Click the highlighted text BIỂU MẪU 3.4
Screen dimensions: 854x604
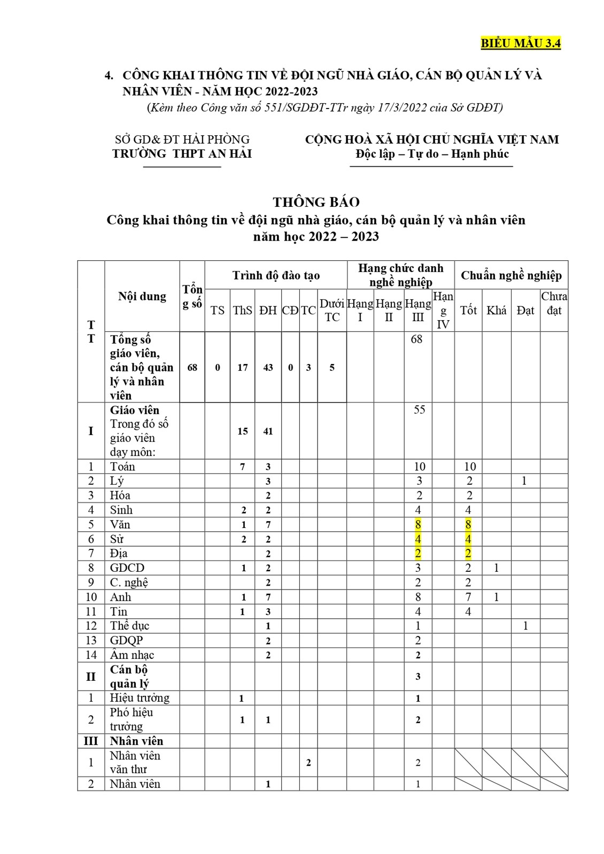coord(521,44)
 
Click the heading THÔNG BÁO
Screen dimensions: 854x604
coord(316,202)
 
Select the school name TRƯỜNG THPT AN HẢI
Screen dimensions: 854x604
coord(182,154)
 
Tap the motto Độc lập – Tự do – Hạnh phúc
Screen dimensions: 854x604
coord(432,154)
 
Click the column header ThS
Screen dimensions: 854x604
coord(242,310)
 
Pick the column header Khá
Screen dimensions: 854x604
coord(496,310)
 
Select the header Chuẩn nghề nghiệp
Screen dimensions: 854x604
coord(511,275)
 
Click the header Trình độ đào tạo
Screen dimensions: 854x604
coord(276,275)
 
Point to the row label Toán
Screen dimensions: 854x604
coord(122,467)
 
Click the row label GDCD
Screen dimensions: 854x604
coord(127,568)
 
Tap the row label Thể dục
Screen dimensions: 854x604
coord(129,626)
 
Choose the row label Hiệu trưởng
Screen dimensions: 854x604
coord(140,698)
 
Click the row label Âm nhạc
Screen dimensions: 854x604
coord(132,655)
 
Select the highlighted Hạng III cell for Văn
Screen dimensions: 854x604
coord(418,524)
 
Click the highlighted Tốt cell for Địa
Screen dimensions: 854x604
coord(468,553)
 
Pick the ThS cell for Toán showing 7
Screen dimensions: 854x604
coord(242,467)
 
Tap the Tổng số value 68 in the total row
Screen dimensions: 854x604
coord(192,368)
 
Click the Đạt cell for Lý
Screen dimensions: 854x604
coord(524,481)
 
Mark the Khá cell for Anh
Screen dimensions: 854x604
coord(496,597)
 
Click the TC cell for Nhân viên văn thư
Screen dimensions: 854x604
coord(308,763)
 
